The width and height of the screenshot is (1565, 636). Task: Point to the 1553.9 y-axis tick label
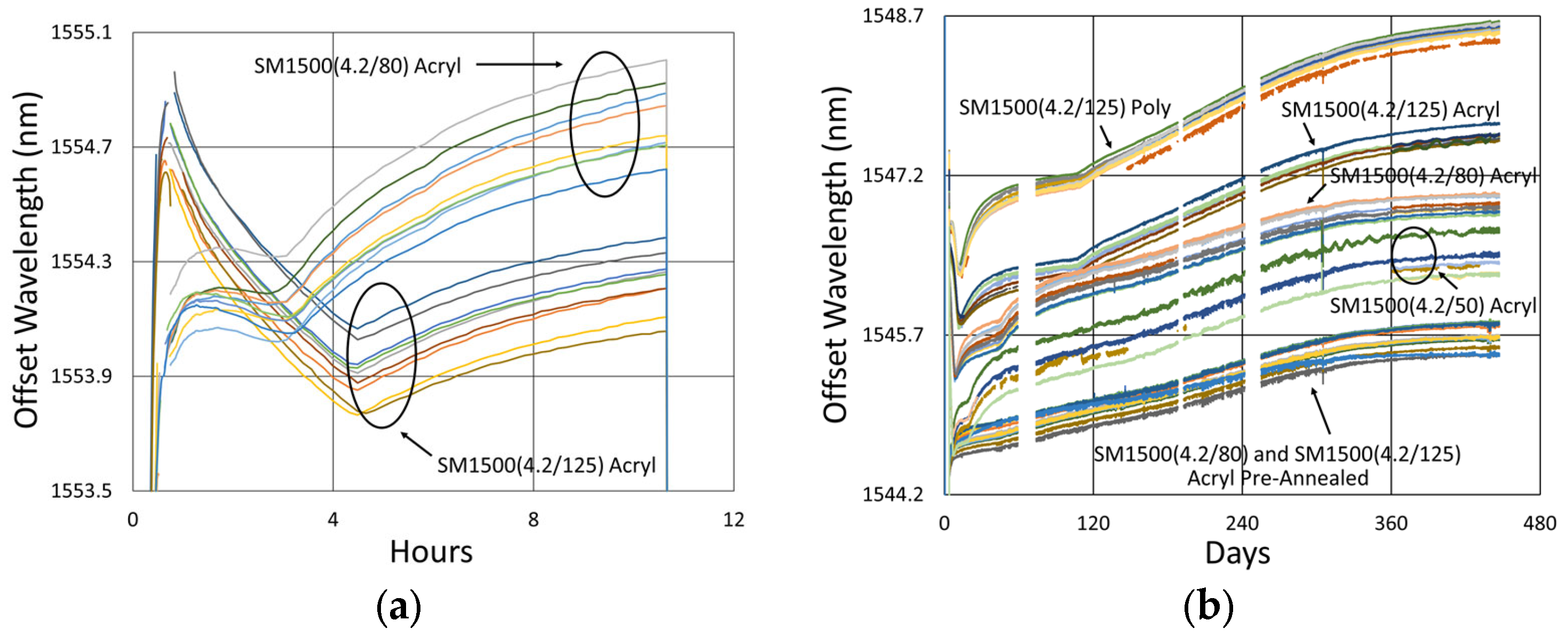[x=82, y=376]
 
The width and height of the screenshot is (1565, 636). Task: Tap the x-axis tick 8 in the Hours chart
[x=533, y=520]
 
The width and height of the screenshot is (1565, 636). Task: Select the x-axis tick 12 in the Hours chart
[x=733, y=520]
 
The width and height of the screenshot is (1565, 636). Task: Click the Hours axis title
[x=431, y=552]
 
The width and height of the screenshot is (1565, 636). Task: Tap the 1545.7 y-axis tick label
[x=893, y=335]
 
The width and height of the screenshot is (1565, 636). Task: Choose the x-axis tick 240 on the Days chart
[x=1242, y=523]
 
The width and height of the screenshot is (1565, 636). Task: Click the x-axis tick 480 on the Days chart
[x=1539, y=523]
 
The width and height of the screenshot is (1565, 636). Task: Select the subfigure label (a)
[x=399, y=606]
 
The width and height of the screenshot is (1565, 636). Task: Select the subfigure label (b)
[x=1209, y=606]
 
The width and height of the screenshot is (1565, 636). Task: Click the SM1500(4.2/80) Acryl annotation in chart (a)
[x=357, y=66]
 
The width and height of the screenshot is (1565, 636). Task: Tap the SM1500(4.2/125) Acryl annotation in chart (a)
[x=546, y=465]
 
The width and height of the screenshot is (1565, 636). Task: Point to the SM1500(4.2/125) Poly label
[x=1064, y=108]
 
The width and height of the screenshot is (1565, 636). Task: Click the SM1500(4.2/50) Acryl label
[x=1433, y=306]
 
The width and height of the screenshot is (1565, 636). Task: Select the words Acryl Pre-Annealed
[x=1277, y=478]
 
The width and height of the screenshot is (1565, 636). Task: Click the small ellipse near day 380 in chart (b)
[x=1413, y=255]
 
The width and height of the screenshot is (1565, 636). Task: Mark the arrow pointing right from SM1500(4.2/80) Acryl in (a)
[x=519, y=65]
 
